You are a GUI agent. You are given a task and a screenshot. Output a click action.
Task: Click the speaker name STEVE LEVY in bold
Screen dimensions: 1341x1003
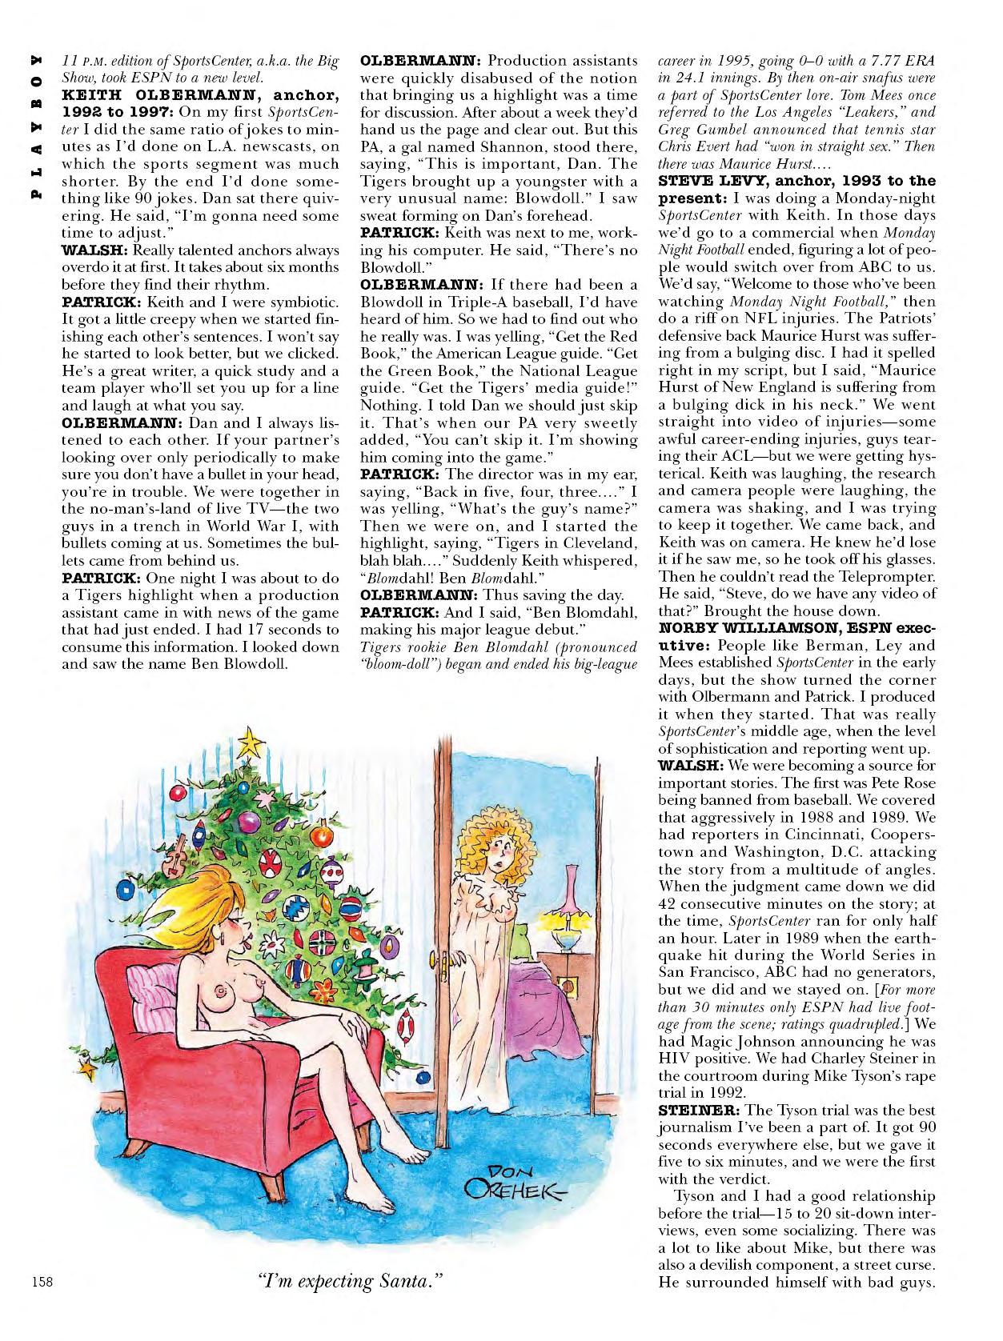[720, 181]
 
